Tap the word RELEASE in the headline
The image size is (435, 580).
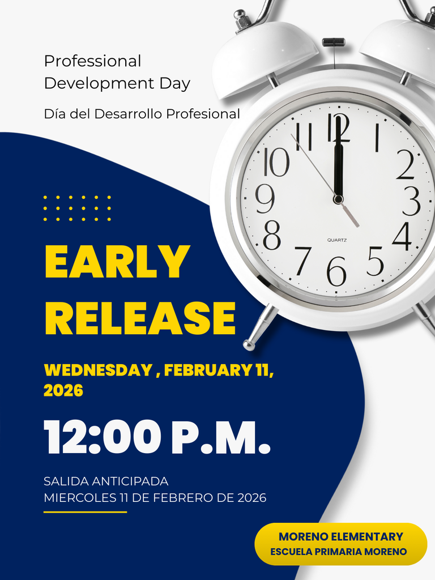(139, 319)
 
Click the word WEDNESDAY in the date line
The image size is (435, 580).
(98, 370)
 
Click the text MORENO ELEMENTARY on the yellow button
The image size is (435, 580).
(340, 536)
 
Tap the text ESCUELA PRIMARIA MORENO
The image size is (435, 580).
(338, 552)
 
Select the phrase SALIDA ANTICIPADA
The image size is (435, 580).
(106, 481)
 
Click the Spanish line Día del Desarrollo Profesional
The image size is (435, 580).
(142, 114)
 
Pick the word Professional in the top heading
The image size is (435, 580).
(92, 61)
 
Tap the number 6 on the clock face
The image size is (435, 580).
(336, 271)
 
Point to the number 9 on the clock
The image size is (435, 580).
(265, 199)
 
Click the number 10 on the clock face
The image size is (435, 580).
(276, 163)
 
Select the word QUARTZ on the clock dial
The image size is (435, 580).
(336, 240)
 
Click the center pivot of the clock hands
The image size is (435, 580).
(338, 199)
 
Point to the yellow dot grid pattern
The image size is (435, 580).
(77, 208)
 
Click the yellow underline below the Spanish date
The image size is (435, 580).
(85, 512)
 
